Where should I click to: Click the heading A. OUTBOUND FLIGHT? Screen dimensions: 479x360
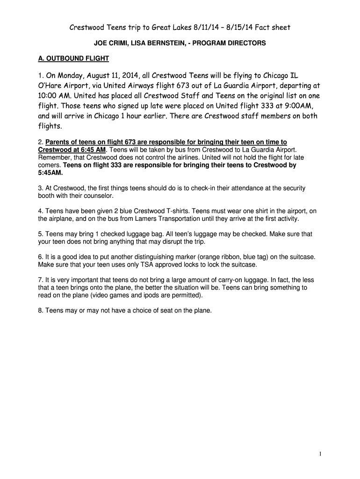73,58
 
